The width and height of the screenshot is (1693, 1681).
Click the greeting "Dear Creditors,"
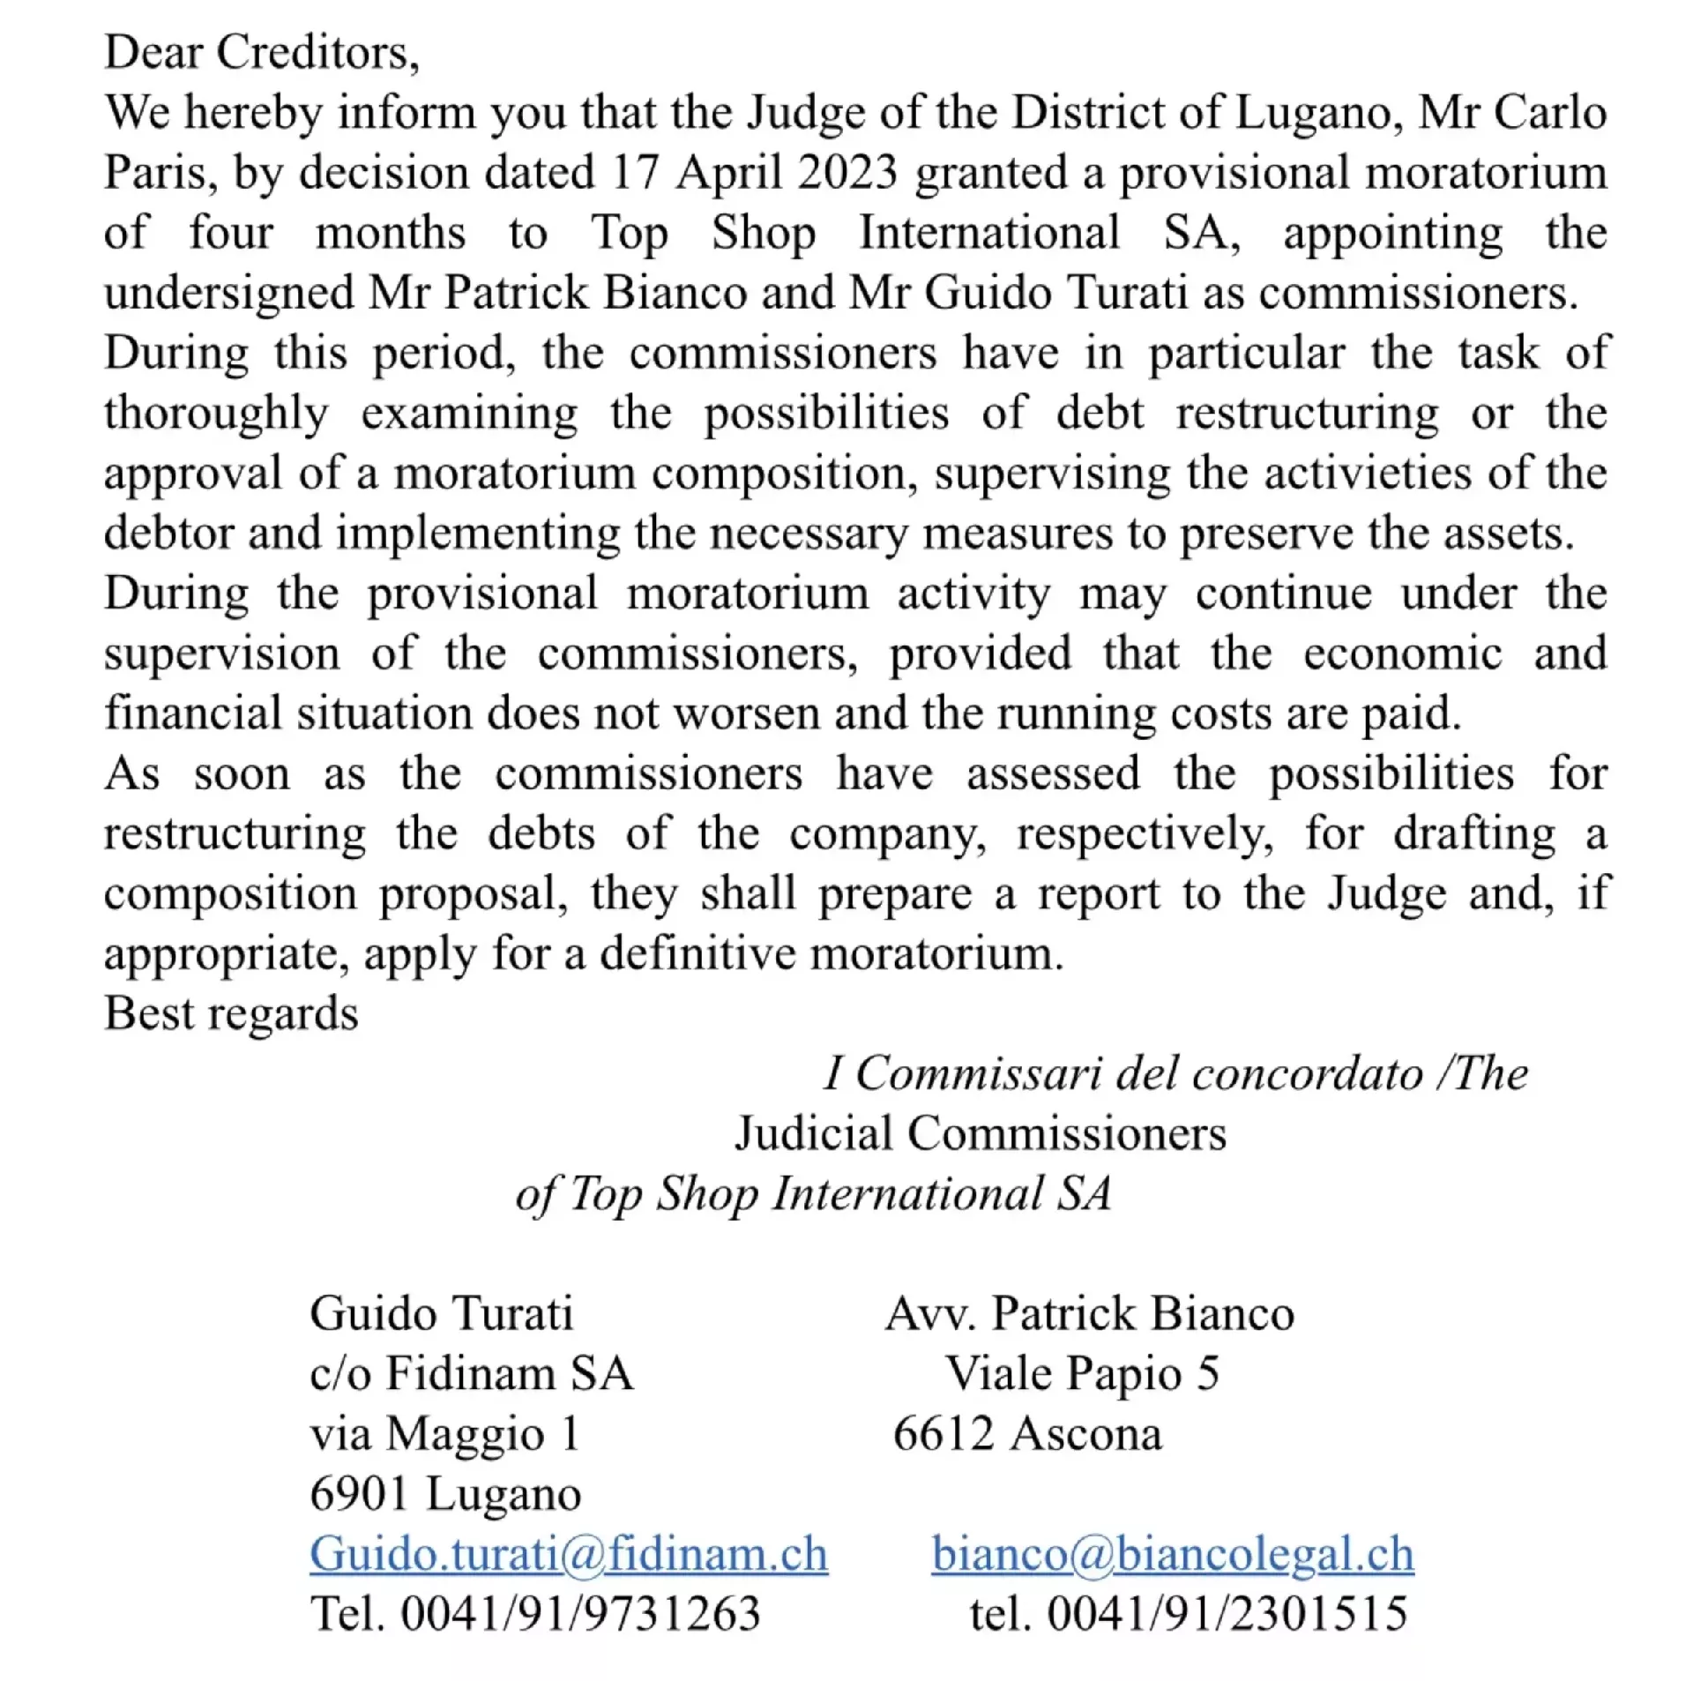tap(261, 52)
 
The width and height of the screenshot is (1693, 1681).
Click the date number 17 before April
tap(635, 172)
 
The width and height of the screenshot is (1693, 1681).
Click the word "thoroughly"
tap(216, 413)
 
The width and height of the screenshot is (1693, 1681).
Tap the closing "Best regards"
tap(231, 1013)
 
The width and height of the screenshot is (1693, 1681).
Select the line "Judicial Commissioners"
tap(980, 1133)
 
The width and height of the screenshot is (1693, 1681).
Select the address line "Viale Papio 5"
tap(1082, 1373)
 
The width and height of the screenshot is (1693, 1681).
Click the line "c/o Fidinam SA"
tap(471, 1373)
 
